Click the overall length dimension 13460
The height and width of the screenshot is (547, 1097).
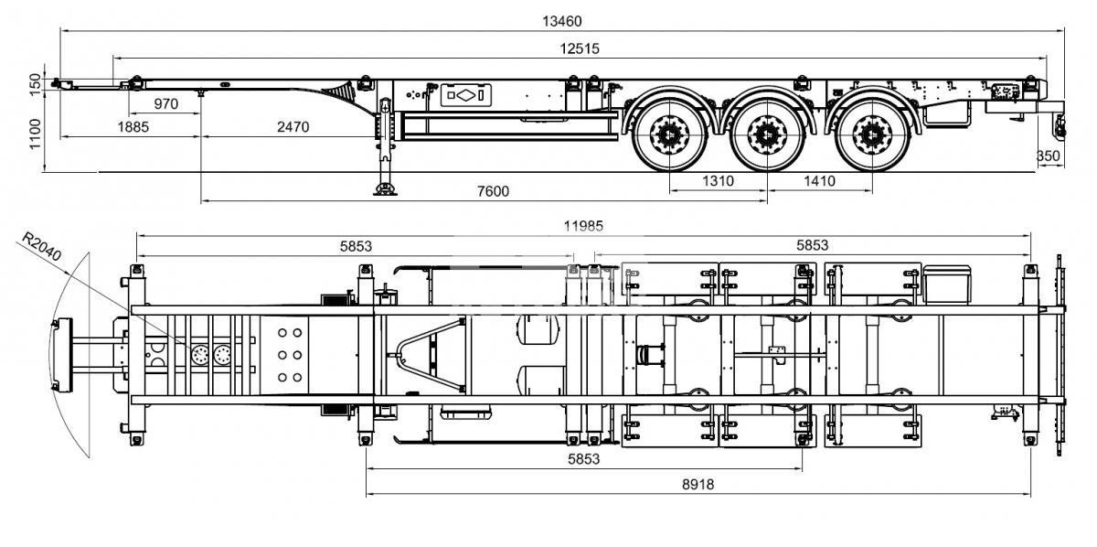point(561,22)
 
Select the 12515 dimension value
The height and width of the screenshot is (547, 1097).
point(580,48)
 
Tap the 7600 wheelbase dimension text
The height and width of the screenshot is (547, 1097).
point(493,191)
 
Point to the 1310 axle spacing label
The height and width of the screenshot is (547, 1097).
point(718,181)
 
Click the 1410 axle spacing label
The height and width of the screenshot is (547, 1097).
point(819,181)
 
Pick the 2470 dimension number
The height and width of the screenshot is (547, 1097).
point(293,127)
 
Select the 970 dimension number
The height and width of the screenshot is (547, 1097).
point(166,104)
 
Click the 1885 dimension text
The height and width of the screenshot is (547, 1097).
point(133,127)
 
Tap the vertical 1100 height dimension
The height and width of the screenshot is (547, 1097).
point(36,134)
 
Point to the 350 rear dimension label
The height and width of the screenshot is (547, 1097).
point(1049,156)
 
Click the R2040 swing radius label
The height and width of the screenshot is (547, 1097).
point(42,247)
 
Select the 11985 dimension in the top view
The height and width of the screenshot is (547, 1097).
point(583,226)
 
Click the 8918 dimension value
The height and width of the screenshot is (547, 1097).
point(698,485)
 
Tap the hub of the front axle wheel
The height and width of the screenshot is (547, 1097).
point(669,134)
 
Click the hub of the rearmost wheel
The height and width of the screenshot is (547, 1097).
point(872,134)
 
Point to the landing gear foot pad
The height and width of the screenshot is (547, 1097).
point(386,189)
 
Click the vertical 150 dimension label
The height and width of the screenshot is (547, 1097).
point(36,85)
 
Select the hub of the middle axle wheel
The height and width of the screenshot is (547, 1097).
point(767,134)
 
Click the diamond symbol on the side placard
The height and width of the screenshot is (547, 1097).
point(465,95)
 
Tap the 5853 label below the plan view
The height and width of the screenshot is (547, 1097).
point(584,459)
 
